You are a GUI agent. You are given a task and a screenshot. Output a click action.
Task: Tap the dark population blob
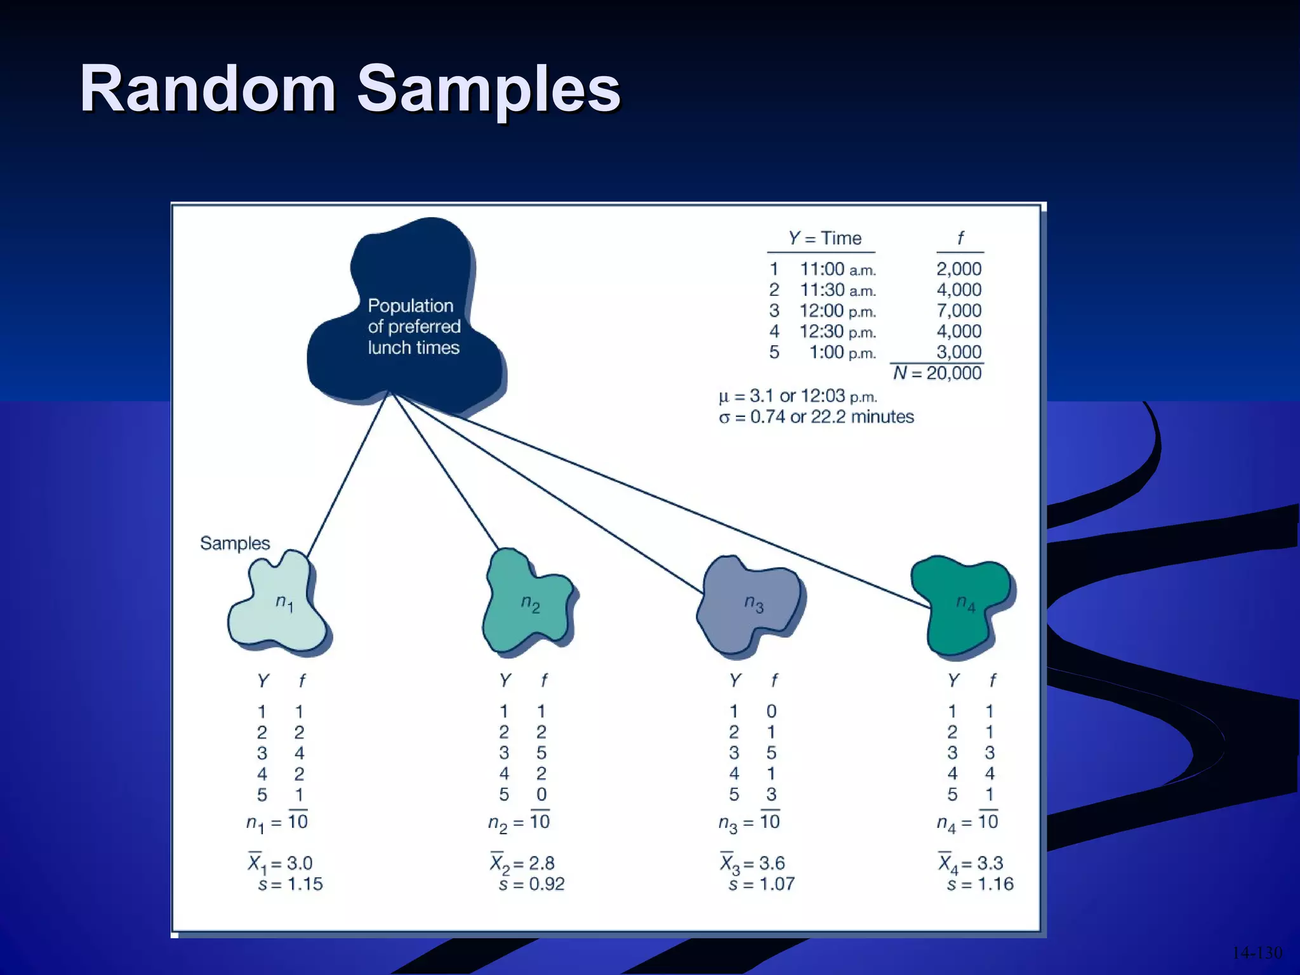tap(406, 317)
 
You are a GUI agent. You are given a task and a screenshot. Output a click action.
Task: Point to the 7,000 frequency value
tap(958, 310)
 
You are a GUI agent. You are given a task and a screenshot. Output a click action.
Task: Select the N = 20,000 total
tap(937, 373)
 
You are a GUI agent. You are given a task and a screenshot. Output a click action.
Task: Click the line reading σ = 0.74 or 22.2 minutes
tap(816, 417)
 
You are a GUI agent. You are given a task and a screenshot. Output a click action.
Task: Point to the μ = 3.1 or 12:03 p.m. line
tap(797, 396)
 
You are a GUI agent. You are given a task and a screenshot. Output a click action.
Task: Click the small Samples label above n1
tap(235, 543)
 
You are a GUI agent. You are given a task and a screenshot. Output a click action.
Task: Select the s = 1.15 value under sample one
tap(290, 884)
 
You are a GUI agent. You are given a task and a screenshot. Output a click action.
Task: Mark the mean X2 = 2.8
tap(522, 863)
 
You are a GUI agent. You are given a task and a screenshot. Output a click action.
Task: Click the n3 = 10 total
tap(749, 823)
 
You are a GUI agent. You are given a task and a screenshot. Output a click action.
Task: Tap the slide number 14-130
tap(1256, 953)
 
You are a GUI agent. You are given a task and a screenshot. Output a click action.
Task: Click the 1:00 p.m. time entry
tap(842, 352)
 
